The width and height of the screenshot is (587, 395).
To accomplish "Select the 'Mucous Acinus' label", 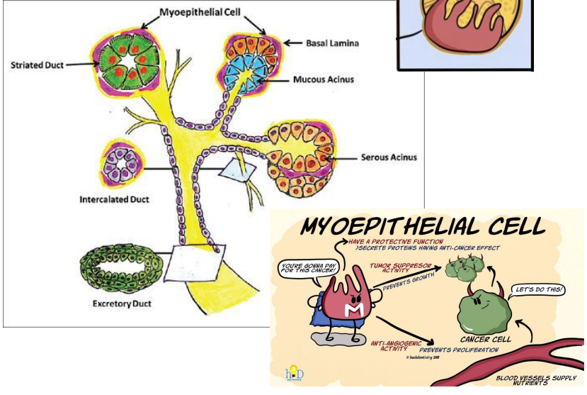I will (x=329, y=79).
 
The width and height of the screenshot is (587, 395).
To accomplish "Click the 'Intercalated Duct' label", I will (x=115, y=199).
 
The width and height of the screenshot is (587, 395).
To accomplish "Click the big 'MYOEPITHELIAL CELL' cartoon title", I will (x=424, y=227).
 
